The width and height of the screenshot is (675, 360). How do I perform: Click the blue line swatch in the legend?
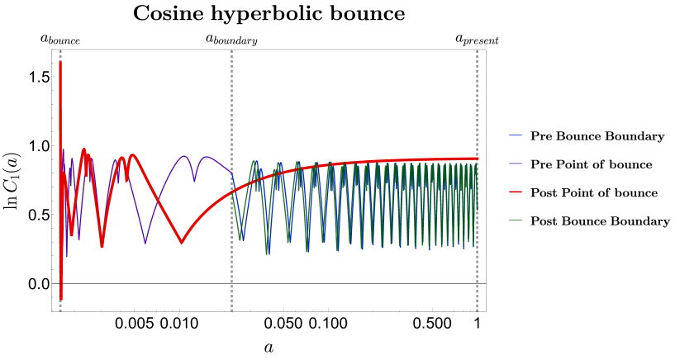(x=516, y=135)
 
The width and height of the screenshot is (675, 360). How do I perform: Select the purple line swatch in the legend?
(x=516, y=163)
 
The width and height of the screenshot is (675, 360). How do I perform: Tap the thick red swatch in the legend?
(x=516, y=192)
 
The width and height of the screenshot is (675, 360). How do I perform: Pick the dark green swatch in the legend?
(x=516, y=220)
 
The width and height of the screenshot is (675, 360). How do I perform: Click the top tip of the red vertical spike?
(x=60, y=63)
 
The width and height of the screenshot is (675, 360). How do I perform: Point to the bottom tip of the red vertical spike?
(x=60, y=298)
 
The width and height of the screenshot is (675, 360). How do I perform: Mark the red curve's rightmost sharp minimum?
(x=182, y=243)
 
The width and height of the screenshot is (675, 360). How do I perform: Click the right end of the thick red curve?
(x=478, y=158)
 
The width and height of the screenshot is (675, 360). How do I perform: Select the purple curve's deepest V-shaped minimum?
(x=145, y=243)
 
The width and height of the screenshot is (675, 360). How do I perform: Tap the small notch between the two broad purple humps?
(x=194, y=180)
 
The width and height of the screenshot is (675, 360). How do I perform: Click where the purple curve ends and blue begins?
(x=232, y=173)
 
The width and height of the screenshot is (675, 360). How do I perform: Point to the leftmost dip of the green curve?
(x=240, y=239)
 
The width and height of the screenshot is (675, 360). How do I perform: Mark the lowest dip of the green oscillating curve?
(x=267, y=253)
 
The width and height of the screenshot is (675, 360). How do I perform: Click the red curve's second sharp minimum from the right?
(x=102, y=245)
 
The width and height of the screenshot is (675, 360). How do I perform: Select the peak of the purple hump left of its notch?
(x=184, y=156)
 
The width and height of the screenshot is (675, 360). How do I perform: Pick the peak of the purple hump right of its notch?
(x=207, y=157)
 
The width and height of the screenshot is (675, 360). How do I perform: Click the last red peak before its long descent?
(x=133, y=155)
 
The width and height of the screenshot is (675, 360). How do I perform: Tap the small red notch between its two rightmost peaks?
(x=126, y=179)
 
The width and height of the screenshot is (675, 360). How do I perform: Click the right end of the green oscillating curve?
(x=476, y=210)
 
